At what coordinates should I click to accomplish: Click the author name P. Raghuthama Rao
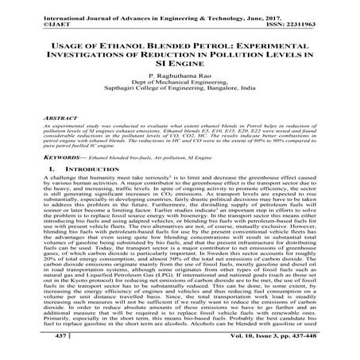[x=180, y=83]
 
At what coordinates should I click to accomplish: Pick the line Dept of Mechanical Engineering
[x=180, y=91]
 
